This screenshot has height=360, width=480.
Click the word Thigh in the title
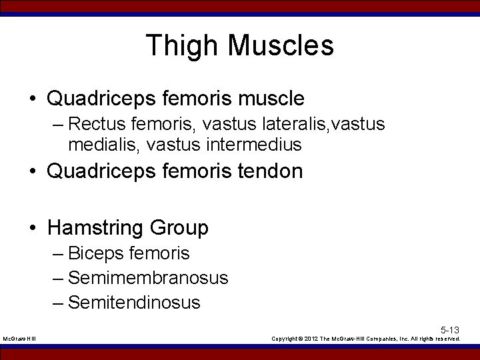click(x=182, y=46)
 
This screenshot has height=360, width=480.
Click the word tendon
click(x=270, y=171)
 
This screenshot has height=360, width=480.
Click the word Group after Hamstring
click(x=179, y=228)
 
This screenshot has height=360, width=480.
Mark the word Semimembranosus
click(x=148, y=277)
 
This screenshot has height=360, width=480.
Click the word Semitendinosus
click(x=134, y=302)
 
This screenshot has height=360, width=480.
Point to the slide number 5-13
click(x=450, y=330)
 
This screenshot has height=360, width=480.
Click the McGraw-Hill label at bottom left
click(x=20, y=339)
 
